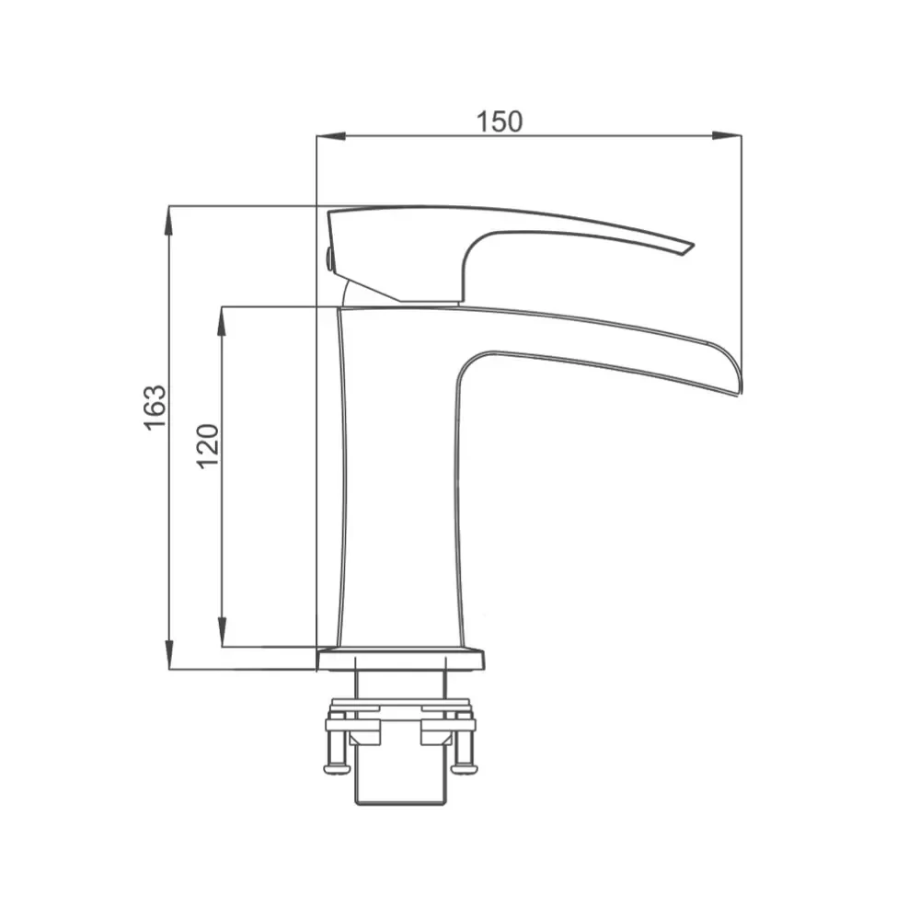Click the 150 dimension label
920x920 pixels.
pos(499,122)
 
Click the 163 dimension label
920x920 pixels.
pos(155,408)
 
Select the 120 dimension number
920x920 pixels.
pos(208,446)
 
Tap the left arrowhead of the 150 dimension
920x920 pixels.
pos(330,136)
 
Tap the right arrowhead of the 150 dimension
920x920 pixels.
pos(727,136)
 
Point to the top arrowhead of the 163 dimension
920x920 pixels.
pos(169,221)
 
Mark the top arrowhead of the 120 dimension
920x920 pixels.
pos(222,320)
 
